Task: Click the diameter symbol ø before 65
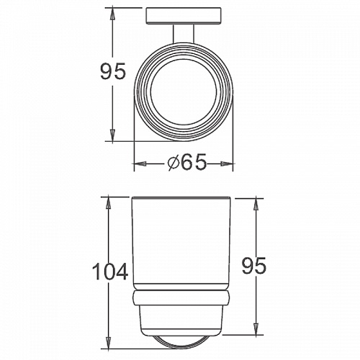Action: click(x=172, y=164)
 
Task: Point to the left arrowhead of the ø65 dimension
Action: click(x=139, y=164)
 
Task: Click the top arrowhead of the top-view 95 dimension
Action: click(x=112, y=12)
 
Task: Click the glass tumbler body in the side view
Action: click(x=181, y=245)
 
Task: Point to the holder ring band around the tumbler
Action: click(x=181, y=299)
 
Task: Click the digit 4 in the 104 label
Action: click(x=121, y=272)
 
